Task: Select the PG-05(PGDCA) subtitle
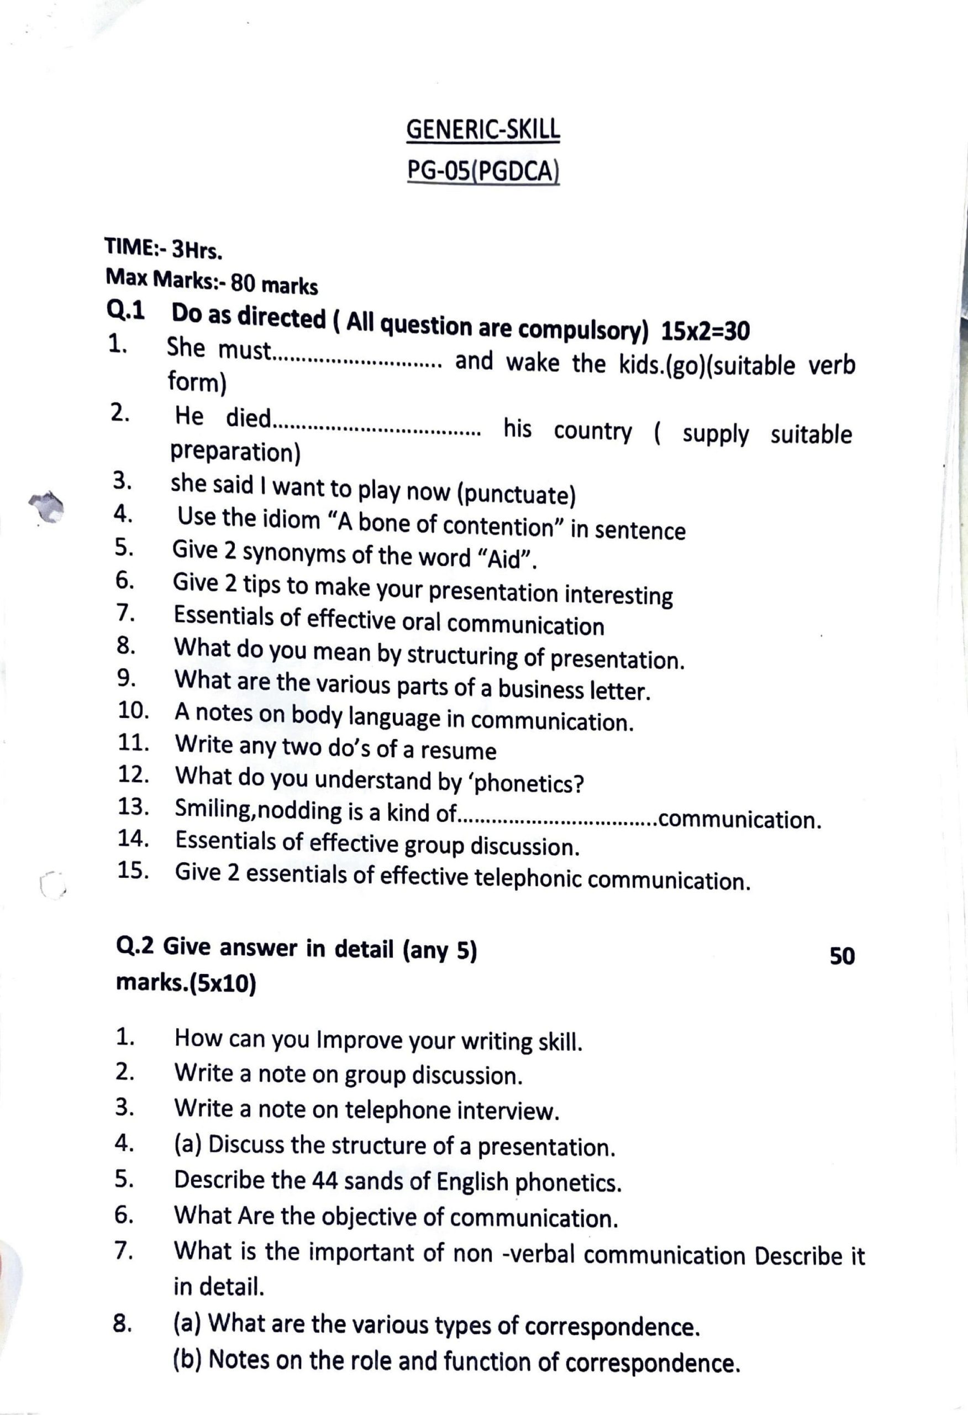(x=483, y=172)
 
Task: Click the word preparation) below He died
(x=235, y=452)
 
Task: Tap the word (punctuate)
(x=515, y=495)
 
